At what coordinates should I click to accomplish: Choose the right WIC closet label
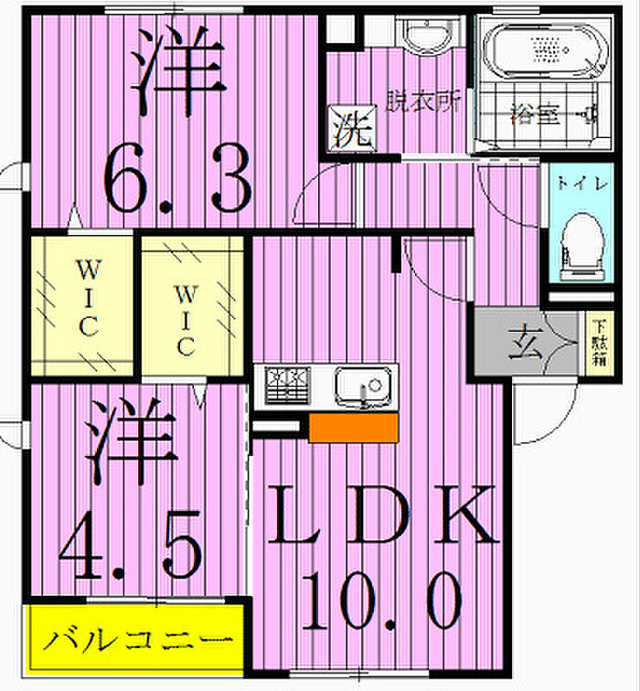point(186,319)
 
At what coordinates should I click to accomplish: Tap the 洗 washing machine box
point(350,130)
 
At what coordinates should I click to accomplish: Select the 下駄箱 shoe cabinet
point(597,343)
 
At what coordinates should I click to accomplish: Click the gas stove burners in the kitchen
point(289,382)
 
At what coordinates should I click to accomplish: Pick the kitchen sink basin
point(362,385)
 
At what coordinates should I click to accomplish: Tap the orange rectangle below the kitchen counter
point(353,428)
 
